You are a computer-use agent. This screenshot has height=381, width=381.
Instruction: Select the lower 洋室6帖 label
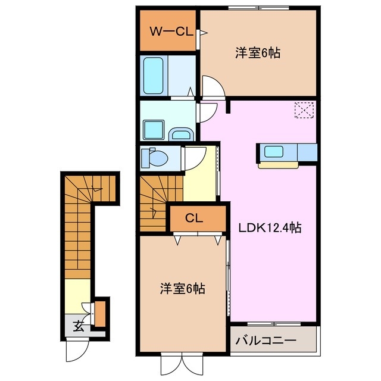(182, 289)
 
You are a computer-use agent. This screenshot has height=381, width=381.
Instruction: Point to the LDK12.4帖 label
(270, 227)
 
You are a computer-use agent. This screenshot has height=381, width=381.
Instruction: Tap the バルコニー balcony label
(266, 341)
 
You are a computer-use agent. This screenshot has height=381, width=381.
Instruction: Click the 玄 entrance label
(79, 326)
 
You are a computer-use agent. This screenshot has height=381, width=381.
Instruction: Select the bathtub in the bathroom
(155, 75)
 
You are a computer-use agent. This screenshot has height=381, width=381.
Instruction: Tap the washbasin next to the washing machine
(180, 133)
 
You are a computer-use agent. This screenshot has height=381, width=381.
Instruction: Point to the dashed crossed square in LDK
(304, 111)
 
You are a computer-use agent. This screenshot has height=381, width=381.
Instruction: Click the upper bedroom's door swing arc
(213, 86)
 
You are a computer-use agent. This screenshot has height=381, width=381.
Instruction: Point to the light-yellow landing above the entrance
(77, 295)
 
